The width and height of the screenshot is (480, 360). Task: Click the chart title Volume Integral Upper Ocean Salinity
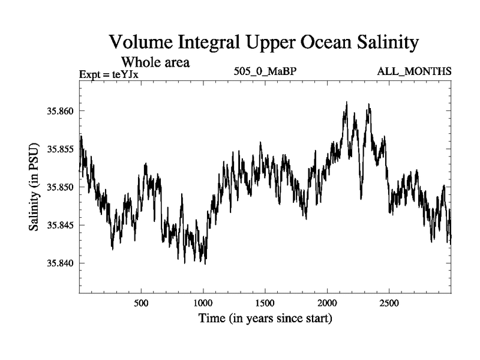coord(263,43)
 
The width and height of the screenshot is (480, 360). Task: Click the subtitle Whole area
coord(156,61)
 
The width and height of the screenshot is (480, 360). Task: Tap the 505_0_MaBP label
coord(266,72)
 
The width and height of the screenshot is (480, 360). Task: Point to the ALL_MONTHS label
coord(414,72)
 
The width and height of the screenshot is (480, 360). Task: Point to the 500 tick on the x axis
coord(141,302)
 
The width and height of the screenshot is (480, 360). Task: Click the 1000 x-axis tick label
coord(203,302)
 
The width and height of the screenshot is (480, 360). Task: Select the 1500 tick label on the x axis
coord(265,302)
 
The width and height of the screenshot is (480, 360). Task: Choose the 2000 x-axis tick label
coord(328,302)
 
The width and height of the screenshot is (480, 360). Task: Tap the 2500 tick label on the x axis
coord(389,302)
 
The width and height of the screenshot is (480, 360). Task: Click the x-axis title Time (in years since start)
coord(265,318)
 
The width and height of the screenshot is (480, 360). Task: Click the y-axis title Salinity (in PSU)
coord(34,187)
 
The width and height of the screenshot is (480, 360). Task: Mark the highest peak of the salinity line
coord(347,103)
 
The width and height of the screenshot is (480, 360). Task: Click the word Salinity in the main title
coord(384,43)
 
